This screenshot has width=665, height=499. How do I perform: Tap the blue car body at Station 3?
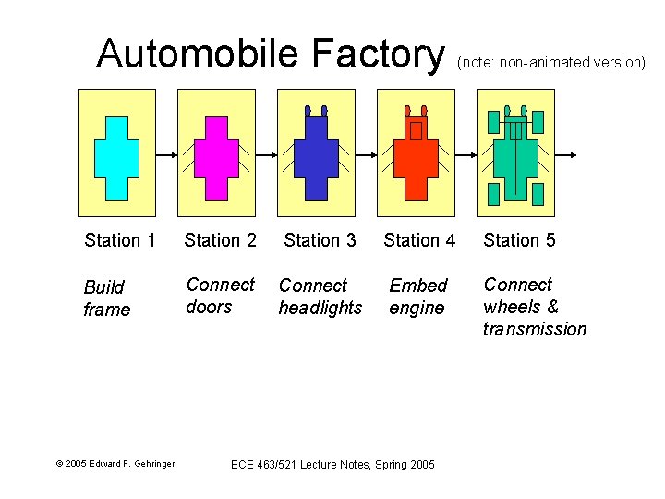[316, 159]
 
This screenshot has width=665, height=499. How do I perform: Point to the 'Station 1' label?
[119, 240]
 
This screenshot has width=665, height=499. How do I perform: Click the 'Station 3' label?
[320, 240]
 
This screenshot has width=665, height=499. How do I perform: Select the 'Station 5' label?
[519, 240]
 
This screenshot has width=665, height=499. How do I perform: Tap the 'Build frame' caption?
[107, 298]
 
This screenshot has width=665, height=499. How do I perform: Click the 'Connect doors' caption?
[220, 296]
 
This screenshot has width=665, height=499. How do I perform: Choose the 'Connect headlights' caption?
[320, 297]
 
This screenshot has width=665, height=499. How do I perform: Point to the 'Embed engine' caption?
[418, 297]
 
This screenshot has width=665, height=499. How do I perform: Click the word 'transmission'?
[534, 329]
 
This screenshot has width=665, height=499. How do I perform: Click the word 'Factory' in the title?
[379, 54]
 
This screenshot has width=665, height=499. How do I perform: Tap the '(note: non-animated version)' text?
[550, 63]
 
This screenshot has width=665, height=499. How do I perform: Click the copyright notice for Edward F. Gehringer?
[115, 463]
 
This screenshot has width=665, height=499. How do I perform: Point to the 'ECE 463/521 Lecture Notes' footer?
[332, 463]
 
